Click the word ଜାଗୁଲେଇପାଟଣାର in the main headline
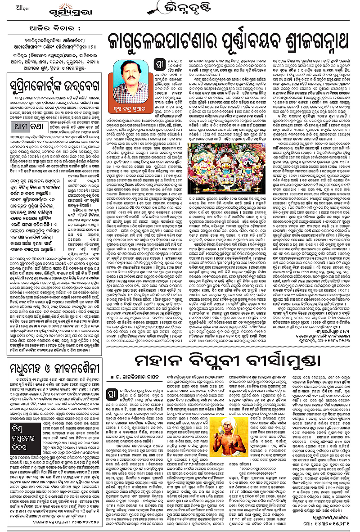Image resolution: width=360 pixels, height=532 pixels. click(160, 42)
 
